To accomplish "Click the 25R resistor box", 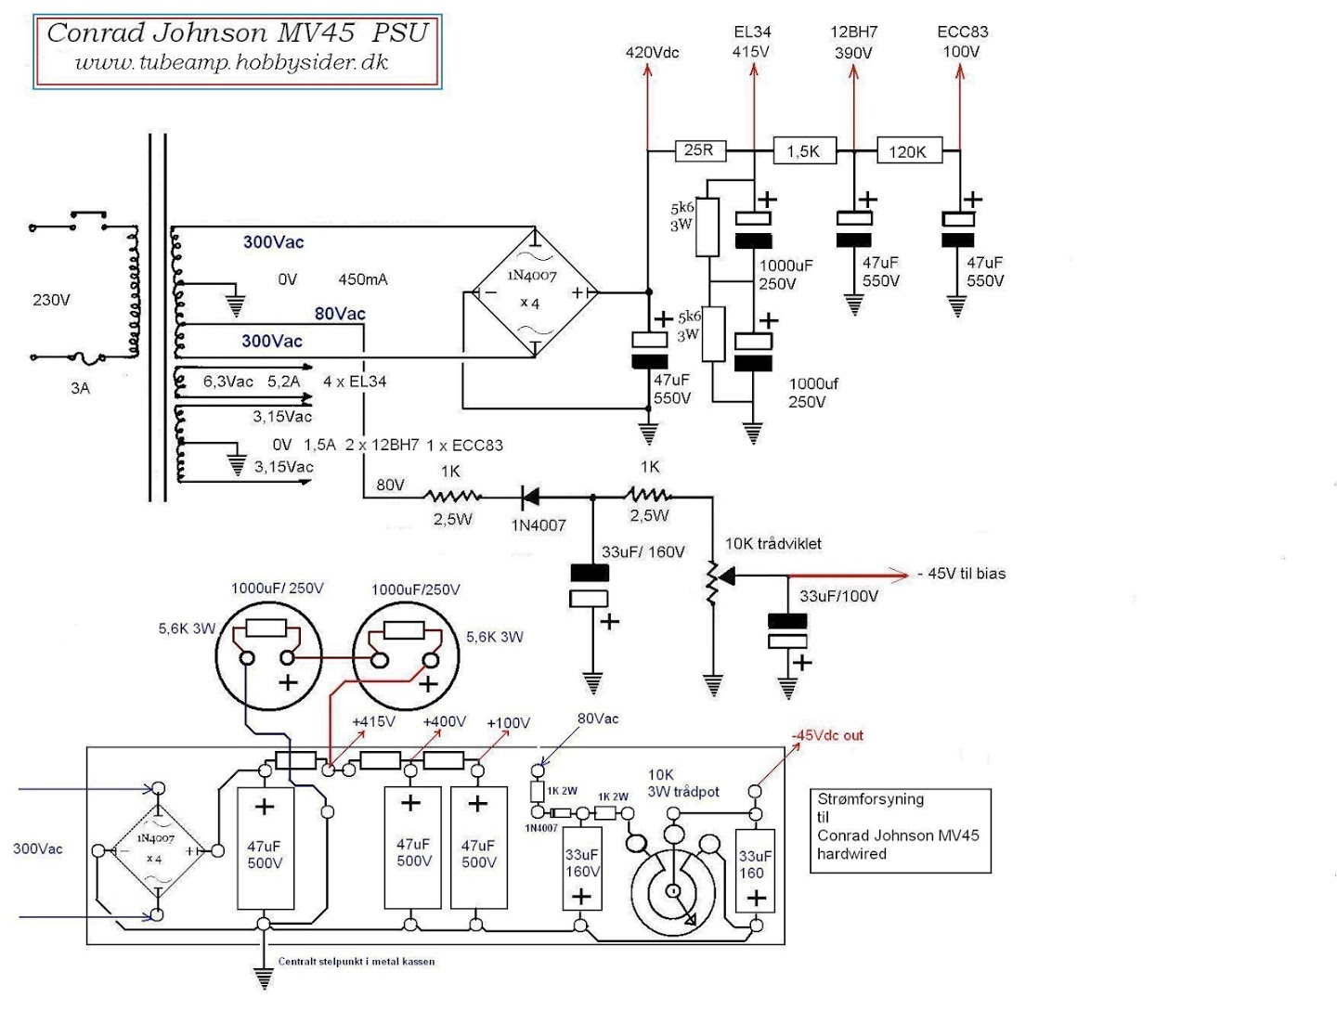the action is pos(700,149).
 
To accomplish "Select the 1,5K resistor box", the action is pos(804,150).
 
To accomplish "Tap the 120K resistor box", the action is pos(909,150).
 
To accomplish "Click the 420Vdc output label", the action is pos(652,53).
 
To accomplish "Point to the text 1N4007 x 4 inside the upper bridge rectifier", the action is pos(532,290).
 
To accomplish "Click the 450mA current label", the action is pos(362,279).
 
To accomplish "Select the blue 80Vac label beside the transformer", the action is pos(340,314).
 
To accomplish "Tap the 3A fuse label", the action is pos(81,388).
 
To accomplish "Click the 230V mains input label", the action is pos(51,300).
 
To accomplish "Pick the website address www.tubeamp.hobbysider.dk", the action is pos(231,62).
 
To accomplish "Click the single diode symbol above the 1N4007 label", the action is pos(530,497).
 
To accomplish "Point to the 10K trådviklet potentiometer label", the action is pos(773,544).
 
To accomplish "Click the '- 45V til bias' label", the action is pos(962,574).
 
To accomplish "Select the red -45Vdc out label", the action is pos(827,735).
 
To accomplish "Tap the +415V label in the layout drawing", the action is pos(373,721).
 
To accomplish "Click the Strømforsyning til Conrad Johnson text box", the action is pos(901,831).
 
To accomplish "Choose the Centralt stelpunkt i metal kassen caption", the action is pos(357,962).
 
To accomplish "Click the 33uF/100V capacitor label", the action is pos(838,596).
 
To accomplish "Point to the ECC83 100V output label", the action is pos(963,42).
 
